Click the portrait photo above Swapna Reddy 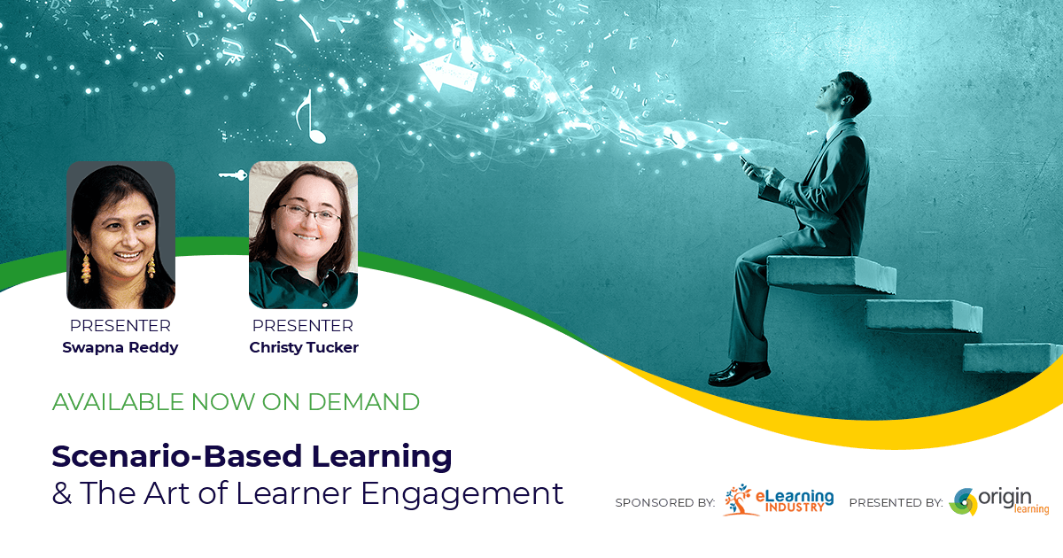pyautogui.click(x=120, y=235)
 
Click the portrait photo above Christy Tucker pyautogui.click(x=303, y=235)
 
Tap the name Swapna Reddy pyautogui.click(x=120, y=347)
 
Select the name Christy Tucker pyautogui.click(x=304, y=347)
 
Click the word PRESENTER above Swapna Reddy pyautogui.click(x=120, y=326)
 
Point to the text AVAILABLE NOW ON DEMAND pyautogui.click(x=236, y=401)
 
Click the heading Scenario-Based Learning pyautogui.click(x=252, y=456)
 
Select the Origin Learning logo pyautogui.click(x=999, y=501)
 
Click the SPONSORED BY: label pyautogui.click(x=665, y=503)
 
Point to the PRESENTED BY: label pyautogui.click(x=896, y=503)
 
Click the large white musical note pyautogui.click(x=311, y=118)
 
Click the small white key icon pyautogui.click(x=232, y=175)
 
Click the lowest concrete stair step pyautogui.click(x=1010, y=357)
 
